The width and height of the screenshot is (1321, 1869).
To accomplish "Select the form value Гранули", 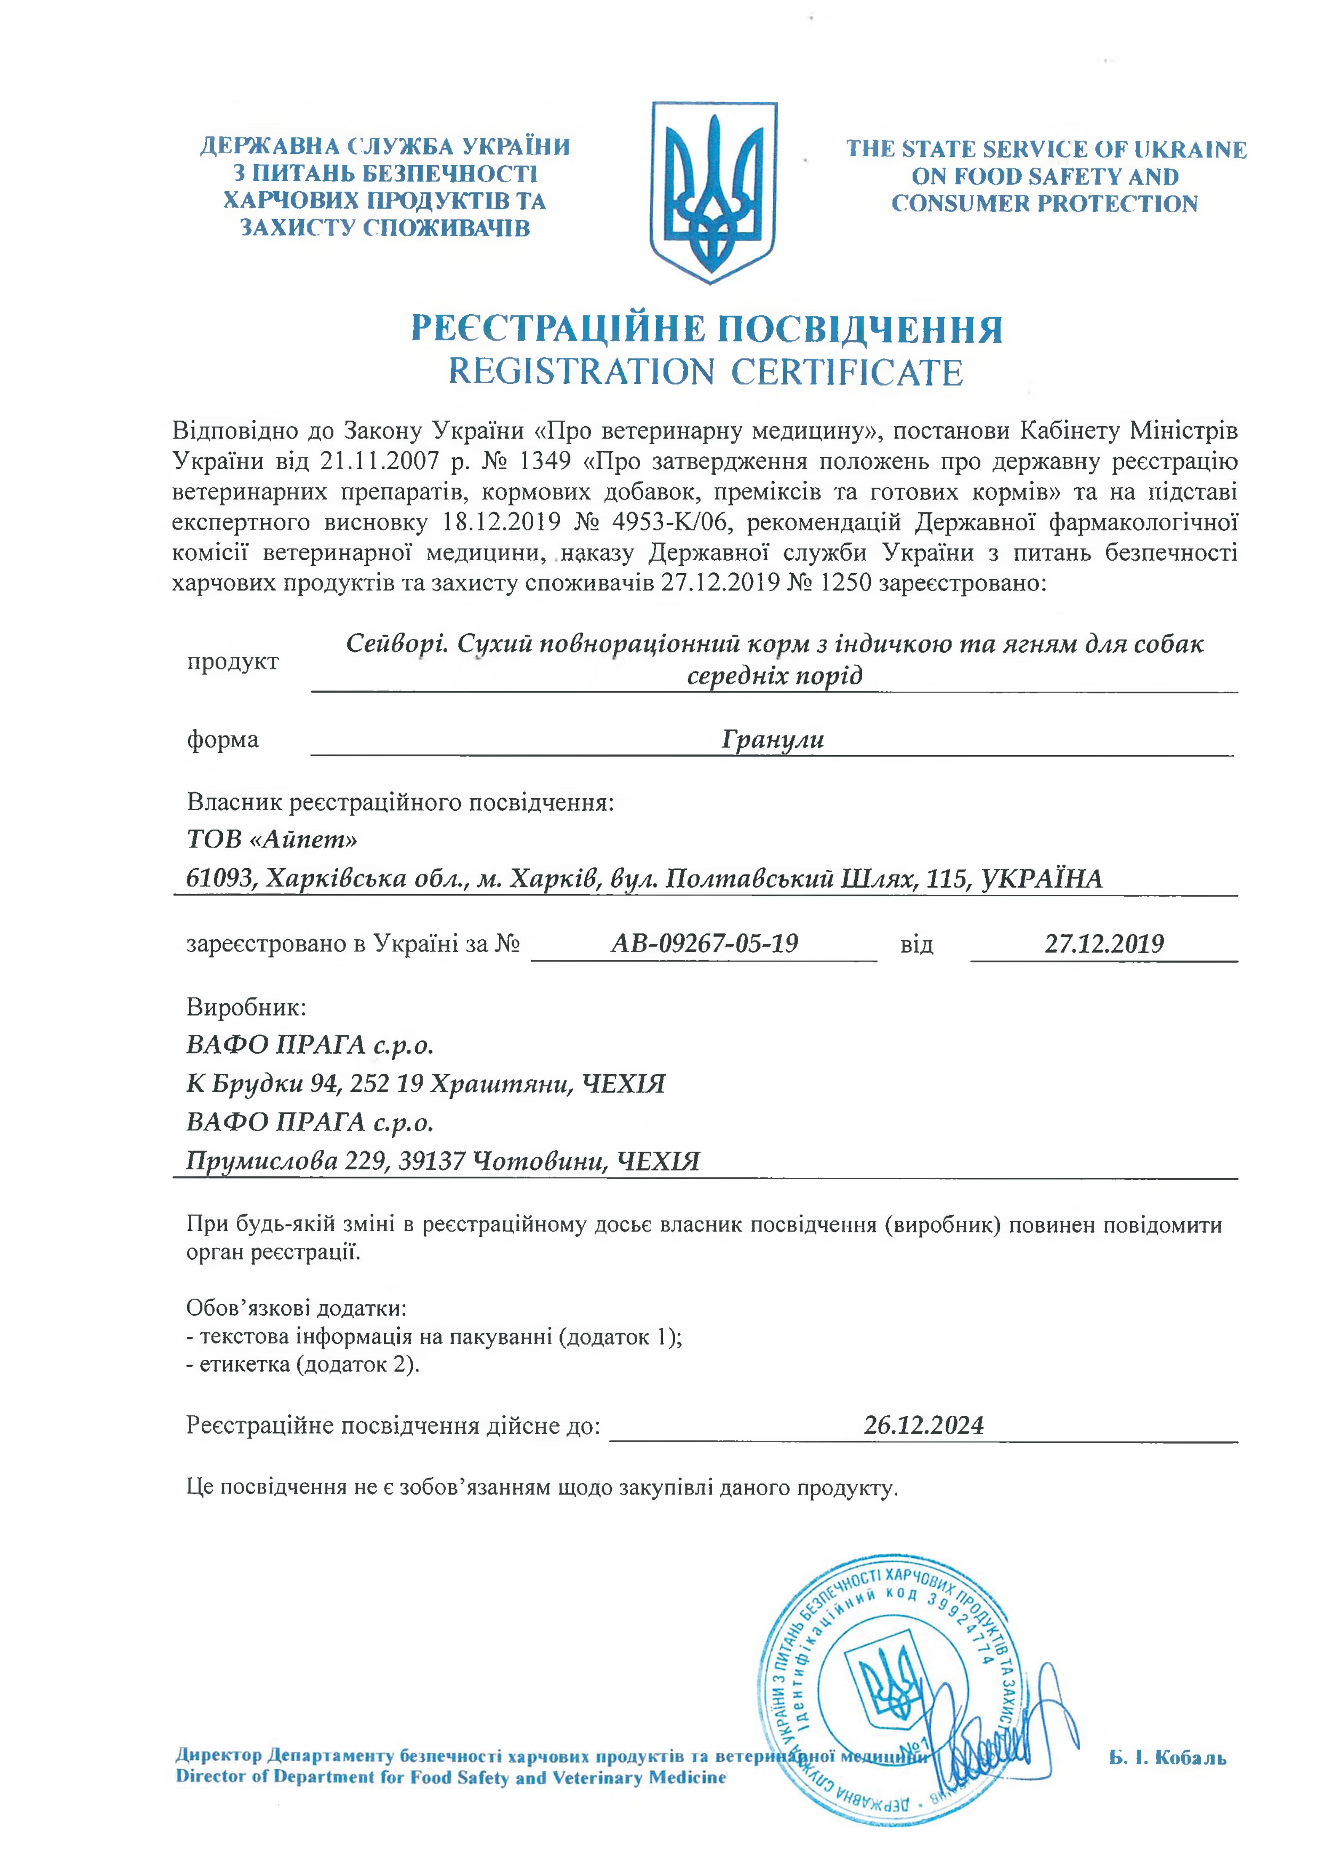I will pos(772,739).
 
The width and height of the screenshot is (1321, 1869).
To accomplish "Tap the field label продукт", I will pos(233,661).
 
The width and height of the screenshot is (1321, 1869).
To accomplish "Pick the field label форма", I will pos(223,739).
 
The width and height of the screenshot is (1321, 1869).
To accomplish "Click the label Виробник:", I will pos(246,1007).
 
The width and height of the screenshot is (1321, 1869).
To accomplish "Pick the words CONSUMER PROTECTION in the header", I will pos(1044,204).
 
